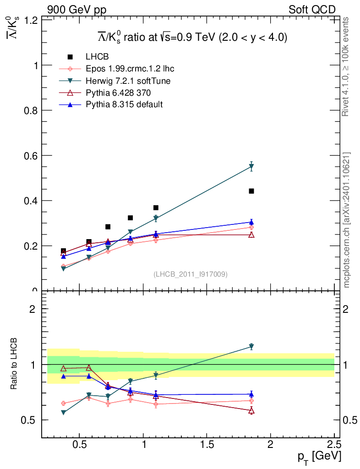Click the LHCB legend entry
pyautogui.click(x=97, y=57)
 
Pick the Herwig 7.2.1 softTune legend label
pyautogui.click(x=128, y=81)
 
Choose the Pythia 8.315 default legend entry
pyautogui.click(x=124, y=104)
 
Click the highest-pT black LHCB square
pyautogui.click(x=251, y=191)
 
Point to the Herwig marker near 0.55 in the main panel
pyautogui.click(x=251, y=167)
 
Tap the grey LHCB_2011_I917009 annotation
pyautogui.click(x=191, y=274)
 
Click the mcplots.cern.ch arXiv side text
pyautogui.click(x=347, y=220)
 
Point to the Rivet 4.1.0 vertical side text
pyautogui.click(x=347, y=66)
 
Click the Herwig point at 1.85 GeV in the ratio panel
pyautogui.click(x=251, y=346)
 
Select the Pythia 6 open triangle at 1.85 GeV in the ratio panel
pyautogui.click(x=251, y=410)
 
